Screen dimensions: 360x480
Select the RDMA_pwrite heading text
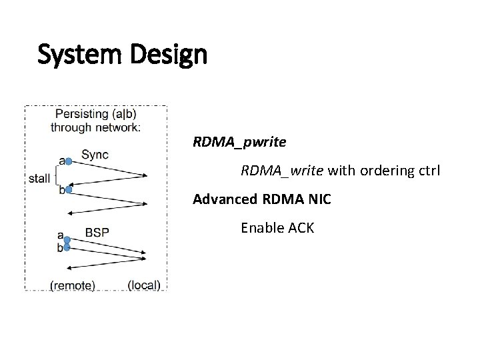pos(239,142)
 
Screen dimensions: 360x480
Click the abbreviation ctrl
pos(427,171)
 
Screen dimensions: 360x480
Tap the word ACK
pos(301,228)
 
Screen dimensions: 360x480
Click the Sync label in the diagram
pos(95,155)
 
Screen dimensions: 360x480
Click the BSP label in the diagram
pos(97,233)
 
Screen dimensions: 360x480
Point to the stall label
pos(39,178)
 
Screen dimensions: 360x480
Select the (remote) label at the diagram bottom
pos(73,285)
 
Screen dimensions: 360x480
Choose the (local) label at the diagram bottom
pos(143,285)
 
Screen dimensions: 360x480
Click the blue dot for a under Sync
pos(68,161)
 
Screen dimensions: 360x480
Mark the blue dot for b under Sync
pos(68,190)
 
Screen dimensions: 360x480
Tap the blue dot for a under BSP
pos(67,239)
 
